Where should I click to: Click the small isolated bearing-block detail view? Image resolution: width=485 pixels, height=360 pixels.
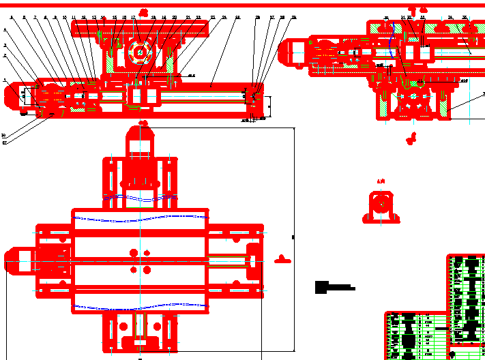381,208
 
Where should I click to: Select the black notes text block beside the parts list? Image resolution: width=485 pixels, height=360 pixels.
334,287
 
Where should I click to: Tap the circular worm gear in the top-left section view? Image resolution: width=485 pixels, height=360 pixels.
140,52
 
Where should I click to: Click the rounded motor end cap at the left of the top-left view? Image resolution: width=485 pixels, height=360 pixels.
13,95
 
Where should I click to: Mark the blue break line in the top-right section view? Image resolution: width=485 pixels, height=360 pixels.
391,51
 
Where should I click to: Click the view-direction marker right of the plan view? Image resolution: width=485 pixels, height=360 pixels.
282,258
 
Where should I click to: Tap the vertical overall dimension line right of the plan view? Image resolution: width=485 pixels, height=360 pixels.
293,239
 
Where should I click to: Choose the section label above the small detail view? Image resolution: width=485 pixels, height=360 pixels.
381,181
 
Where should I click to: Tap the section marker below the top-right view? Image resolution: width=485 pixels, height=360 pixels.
411,139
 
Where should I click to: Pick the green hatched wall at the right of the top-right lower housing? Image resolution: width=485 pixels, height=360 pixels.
447,103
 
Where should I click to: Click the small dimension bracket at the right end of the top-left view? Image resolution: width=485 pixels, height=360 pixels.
269,106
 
